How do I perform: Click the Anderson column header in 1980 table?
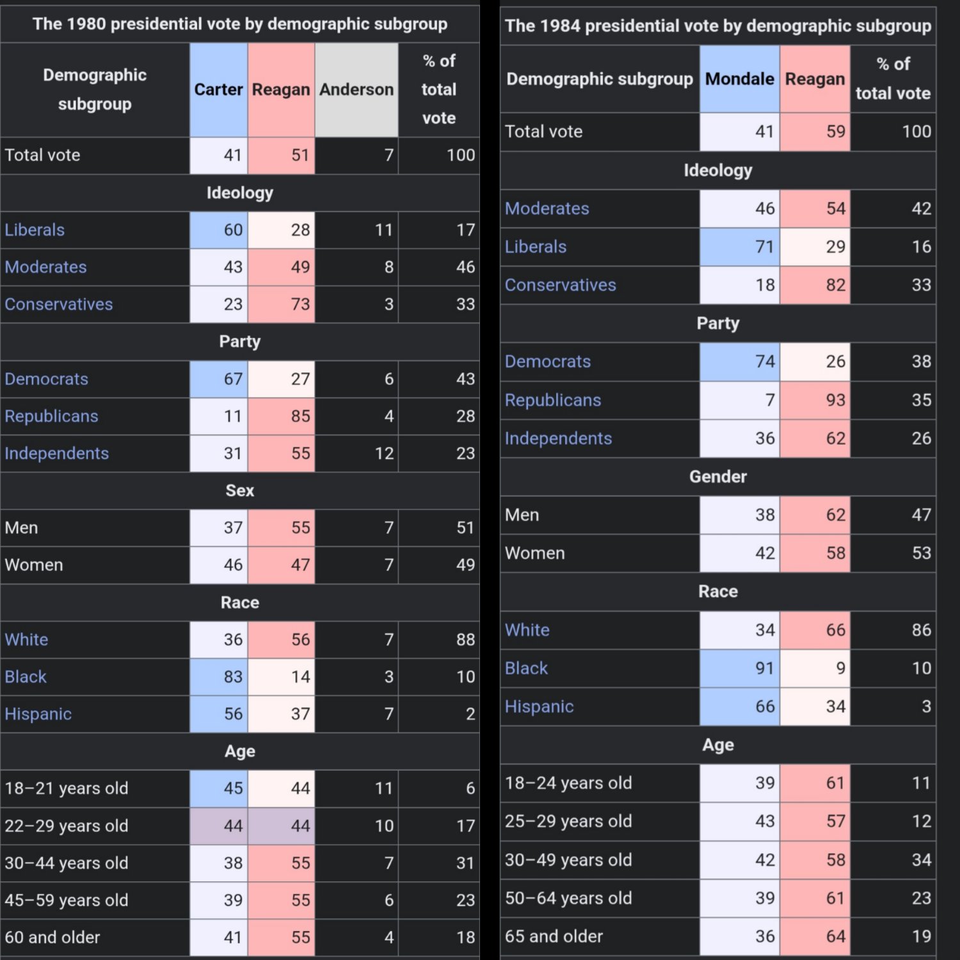(x=356, y=90)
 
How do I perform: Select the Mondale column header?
(x=739, y=79)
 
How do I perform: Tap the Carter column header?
(x=218, y=90)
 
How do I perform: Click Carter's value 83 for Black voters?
(x=233, y=676)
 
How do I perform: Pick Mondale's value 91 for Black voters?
(x=765, y=668)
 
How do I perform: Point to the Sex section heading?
(x=239, y=490)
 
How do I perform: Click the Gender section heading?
(x=717, y=477)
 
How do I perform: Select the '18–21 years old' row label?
(x=66, y=788)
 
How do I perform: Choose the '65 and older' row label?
(x=554, y=936)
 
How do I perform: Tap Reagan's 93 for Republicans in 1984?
(x=835, y=400)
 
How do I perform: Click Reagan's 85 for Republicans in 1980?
(x=300, y=416)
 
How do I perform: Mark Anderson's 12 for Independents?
(x=384, y=453)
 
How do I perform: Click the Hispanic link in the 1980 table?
(x=38, y=714)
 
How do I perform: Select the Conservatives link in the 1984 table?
(x=560, y=285)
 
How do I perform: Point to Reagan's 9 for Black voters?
(x=840, y=668)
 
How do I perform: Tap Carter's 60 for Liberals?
(x=233, y=230)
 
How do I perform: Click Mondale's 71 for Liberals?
(x=765, y=246)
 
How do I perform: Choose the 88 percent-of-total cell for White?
(x=465, y=639)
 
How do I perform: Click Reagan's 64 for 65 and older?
(x=835, y=936)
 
